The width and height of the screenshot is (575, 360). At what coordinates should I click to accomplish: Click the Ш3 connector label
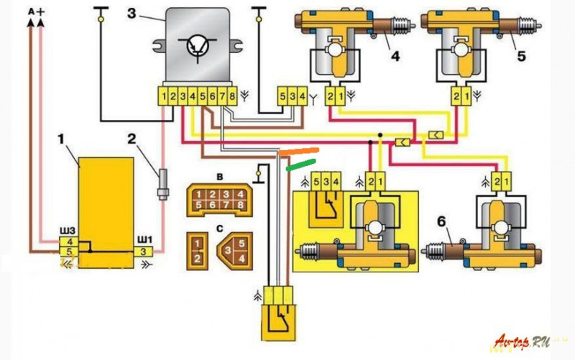tap(67, 230)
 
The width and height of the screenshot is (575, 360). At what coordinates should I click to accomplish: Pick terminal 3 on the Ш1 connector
tap(144, 251)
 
